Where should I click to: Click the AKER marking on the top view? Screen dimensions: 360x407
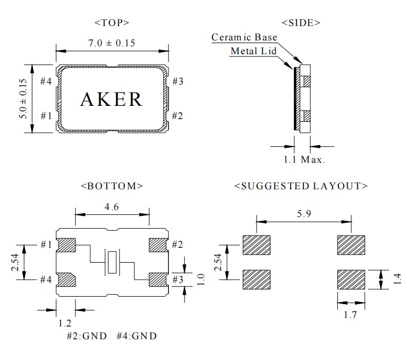click(111, 99)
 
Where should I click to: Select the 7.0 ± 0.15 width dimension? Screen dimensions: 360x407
click(112, 43)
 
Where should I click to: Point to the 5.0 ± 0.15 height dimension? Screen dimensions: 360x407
click(22, 98)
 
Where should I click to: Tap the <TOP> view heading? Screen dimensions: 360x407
click(112, 23)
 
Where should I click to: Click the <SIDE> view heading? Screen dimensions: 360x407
click(301, 23)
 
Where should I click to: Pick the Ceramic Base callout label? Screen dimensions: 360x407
click(244, 37)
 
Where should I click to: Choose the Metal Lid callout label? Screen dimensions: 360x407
click(253, 51)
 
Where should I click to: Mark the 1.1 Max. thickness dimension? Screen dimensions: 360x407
click(303, 159)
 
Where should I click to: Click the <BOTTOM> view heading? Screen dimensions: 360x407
click(112, 186)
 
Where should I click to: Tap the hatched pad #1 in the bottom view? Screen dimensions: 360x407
click(66, 245)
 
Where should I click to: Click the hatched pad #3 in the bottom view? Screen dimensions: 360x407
click(158, 279)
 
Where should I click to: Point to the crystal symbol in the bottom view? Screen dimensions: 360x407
click(112, 262)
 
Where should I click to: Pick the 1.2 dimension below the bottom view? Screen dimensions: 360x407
click(66, 322)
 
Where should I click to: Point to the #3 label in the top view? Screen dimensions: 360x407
click(179, 81)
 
